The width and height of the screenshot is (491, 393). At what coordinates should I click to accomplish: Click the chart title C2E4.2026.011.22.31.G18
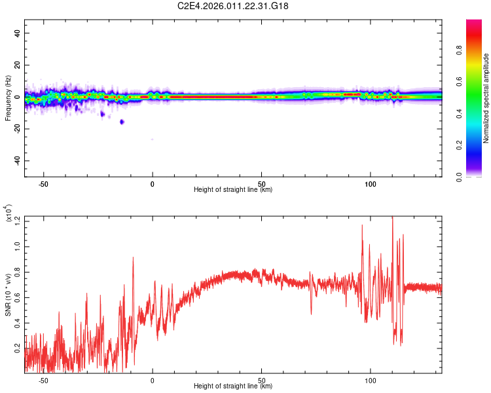coord(233,6)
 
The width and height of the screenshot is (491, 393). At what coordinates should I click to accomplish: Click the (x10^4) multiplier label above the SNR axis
coord(8,214)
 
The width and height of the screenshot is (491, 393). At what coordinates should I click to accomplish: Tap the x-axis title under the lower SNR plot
coord(233,386)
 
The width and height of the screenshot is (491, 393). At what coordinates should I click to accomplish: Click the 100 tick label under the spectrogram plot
coord(371,184)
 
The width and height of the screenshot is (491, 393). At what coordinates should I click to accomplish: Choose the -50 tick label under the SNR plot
coord(43,380)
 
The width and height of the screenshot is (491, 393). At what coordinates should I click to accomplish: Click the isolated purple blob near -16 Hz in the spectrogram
coord(122,122)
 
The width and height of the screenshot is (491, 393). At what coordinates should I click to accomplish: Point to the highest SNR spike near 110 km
coord(392,217)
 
